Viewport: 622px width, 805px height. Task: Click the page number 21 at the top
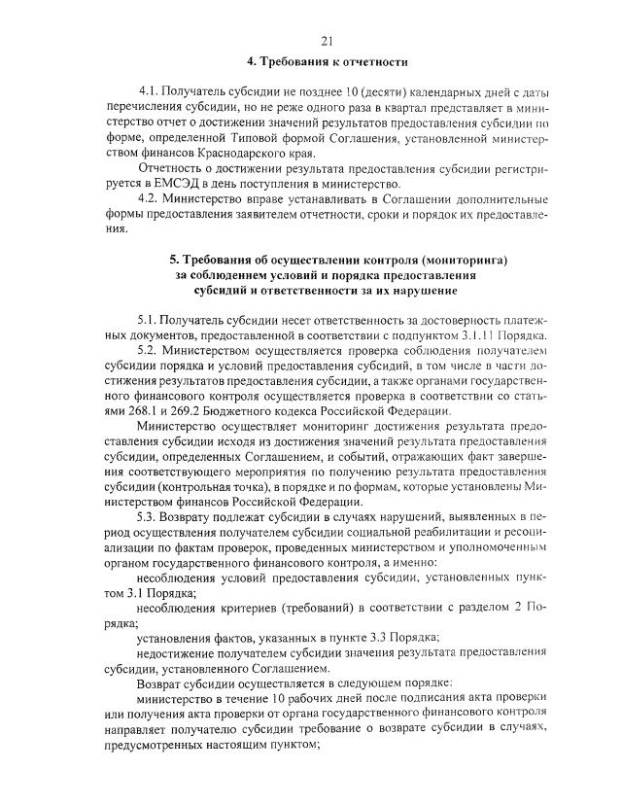(x=326, y=40)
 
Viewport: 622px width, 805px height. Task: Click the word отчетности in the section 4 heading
(x=370, y=62)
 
